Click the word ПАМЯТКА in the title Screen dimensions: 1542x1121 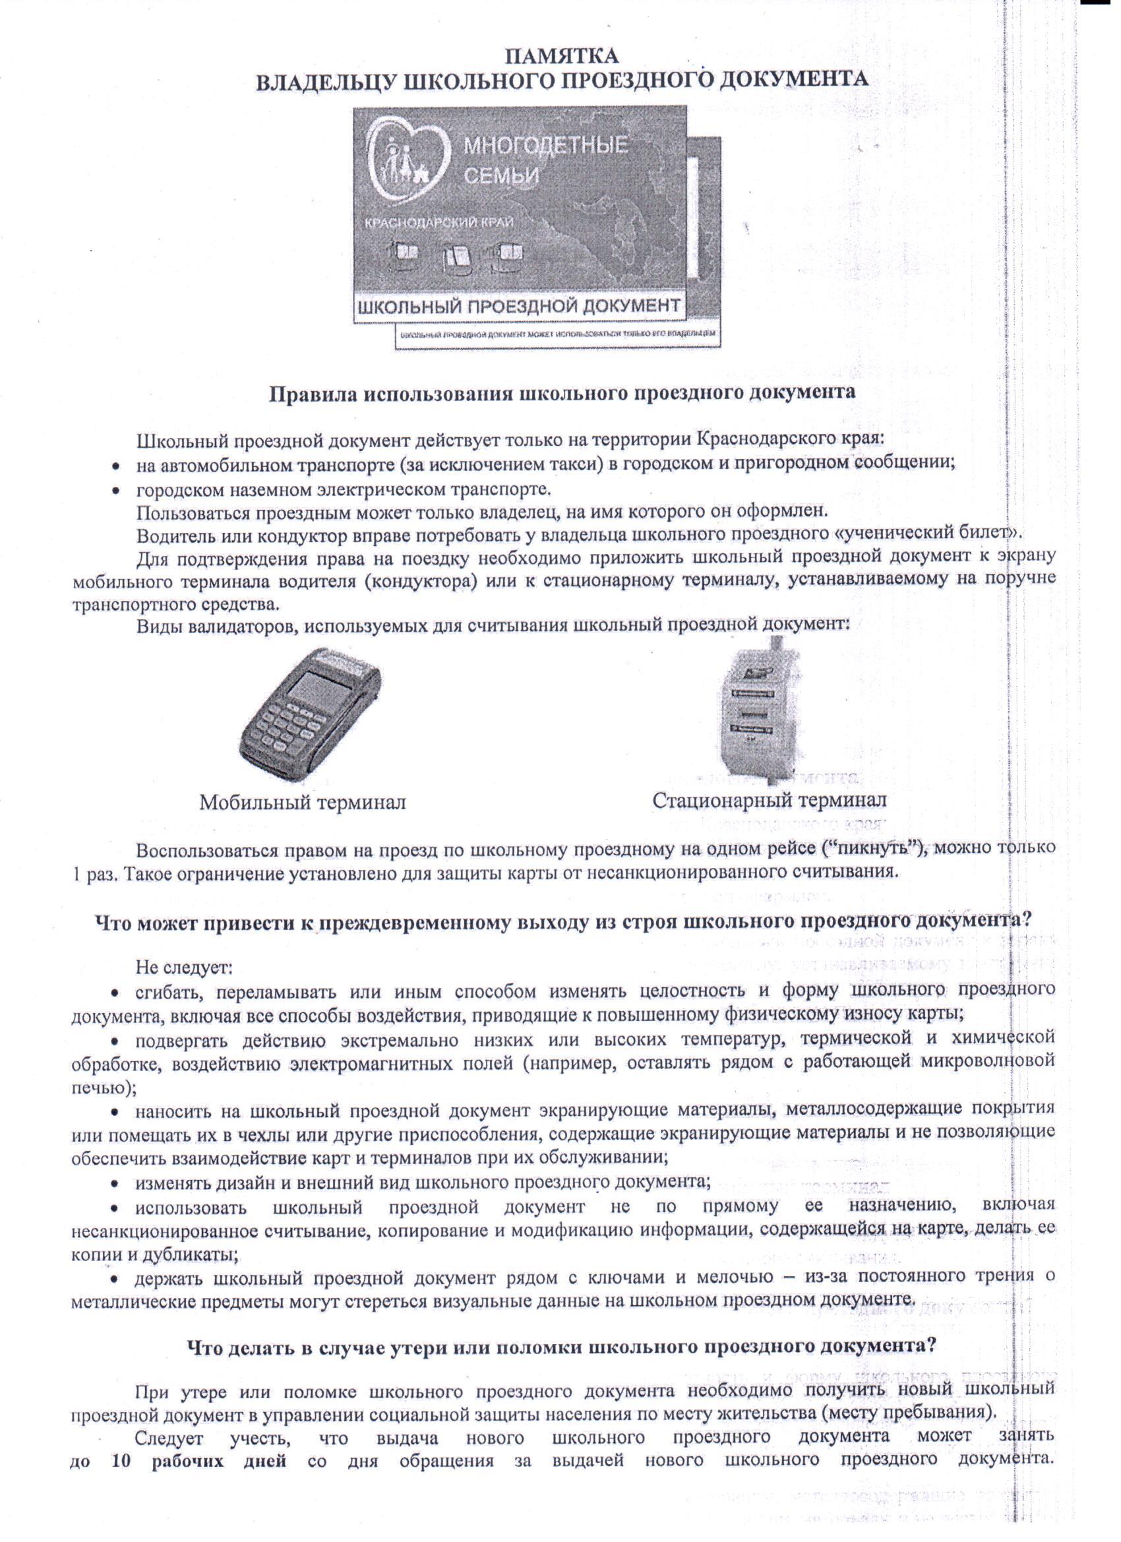(562, 53)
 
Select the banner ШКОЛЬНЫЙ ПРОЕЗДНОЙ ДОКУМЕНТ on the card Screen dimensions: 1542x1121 (518, 305)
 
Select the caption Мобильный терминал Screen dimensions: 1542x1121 (303, 802)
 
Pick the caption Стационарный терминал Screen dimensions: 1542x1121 (770, 800)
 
